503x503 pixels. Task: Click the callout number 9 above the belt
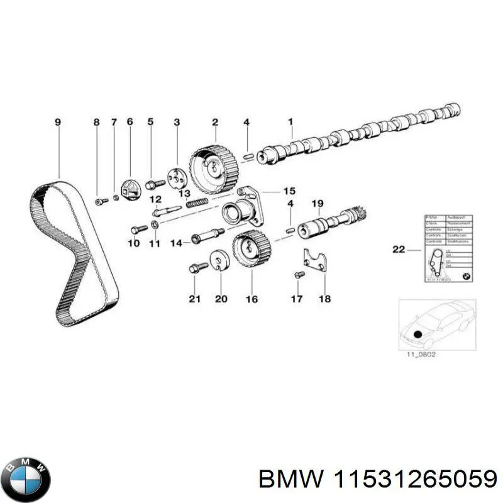[58, 122]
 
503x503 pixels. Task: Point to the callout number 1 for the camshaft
[290, 122]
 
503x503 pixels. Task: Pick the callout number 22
[399, 250]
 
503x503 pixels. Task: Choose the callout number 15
[289, 191]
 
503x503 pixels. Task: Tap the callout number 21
[194, 299]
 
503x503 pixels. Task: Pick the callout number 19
[318, 204]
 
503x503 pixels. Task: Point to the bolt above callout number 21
[196, 268]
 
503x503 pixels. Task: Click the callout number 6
[130, 122]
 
